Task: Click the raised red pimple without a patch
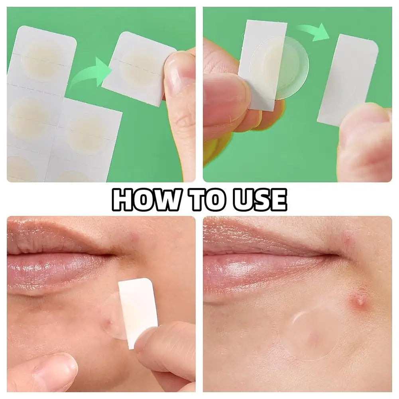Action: pos(360,302)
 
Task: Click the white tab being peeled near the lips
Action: pos(138,313)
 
